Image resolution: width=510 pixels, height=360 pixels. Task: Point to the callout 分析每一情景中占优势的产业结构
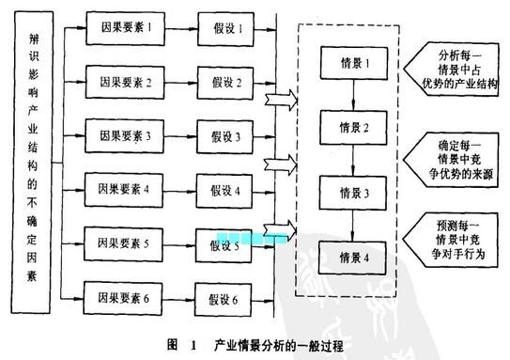pos(452,66)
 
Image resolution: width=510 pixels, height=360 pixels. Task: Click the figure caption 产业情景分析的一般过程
pos(282,345)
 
